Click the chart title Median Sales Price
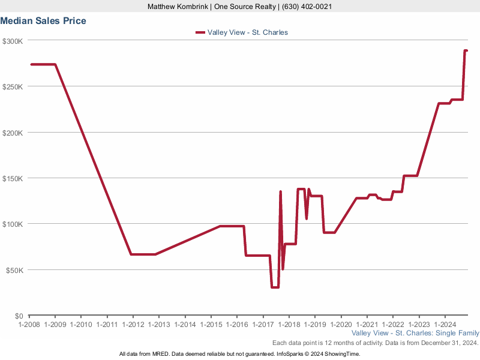(x=43, y=21)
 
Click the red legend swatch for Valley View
(x=200, y=32)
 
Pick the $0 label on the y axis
(x=18, y=316)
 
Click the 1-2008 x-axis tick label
(x=29, y=324)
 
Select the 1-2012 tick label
(x=133, y=324)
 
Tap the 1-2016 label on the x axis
(x=236, y=324)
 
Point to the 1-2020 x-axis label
(x=340, y=324)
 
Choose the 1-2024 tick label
(x=444, y=324)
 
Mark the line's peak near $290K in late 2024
(x=466, y=51)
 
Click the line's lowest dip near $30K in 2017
(x=275, y=287)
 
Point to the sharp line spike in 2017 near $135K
(x=280, y=192)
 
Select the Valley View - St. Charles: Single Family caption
(x=415, y=333)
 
